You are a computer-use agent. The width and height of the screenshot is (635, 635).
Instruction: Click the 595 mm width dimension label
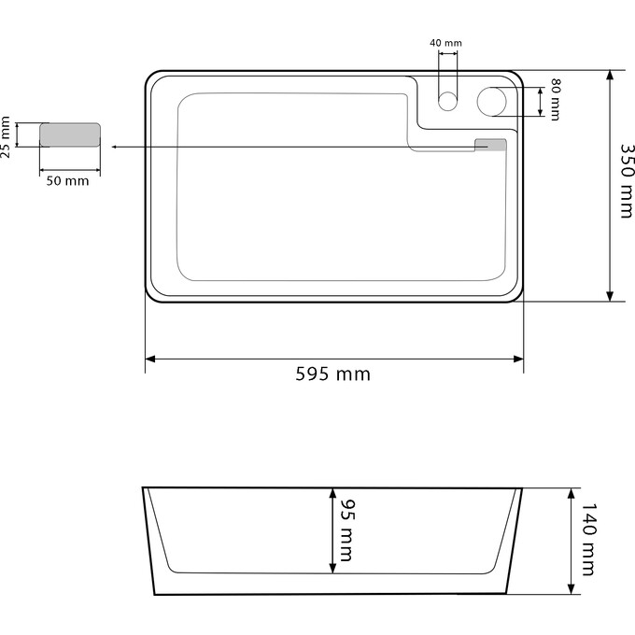point(333,374)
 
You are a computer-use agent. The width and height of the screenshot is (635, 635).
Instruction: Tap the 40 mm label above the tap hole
point(445,43)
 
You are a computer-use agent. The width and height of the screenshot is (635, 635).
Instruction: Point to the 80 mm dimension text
point(556,99)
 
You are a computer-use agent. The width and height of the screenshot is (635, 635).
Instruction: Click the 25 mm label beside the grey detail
point(7,136)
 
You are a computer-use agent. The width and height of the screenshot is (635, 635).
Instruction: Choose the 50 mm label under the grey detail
point(68,180)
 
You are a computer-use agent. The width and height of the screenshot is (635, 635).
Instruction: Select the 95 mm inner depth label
point(344,530)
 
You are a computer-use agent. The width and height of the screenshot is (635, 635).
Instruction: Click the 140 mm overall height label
point(587,540)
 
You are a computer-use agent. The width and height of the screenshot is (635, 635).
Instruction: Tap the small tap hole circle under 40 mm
point(448,101)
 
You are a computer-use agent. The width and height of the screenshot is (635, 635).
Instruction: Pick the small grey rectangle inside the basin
point(490,145)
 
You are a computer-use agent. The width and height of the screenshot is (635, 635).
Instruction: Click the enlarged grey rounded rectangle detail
point(69,135)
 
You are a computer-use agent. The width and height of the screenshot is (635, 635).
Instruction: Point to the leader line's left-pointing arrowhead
point(113,148)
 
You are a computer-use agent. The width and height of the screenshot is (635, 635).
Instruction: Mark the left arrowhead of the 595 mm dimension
point(150,359)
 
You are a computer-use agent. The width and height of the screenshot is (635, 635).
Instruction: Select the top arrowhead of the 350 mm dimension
point(610,75)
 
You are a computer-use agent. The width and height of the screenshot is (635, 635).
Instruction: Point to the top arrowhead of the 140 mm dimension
point(571,492)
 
